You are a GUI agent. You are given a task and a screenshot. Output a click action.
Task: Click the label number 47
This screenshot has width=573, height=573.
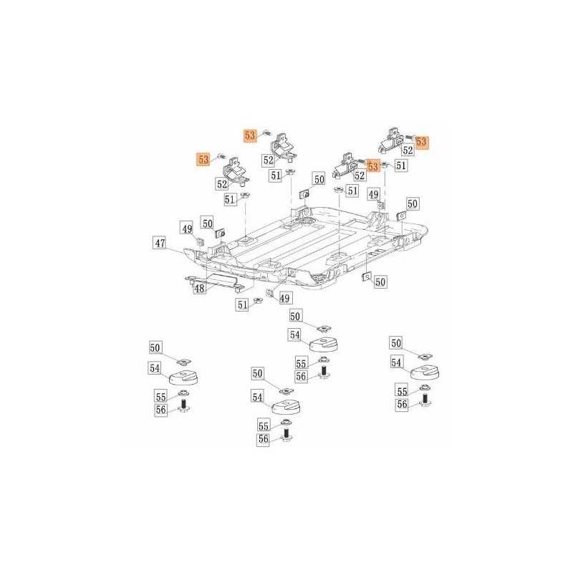(160, 243)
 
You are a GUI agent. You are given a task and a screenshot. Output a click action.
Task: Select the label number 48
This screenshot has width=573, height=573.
(200, 289)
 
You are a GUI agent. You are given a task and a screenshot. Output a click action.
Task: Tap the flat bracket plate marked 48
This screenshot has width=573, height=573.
(216, 282)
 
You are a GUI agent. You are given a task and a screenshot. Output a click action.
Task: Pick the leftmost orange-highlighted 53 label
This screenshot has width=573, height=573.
(203, 159)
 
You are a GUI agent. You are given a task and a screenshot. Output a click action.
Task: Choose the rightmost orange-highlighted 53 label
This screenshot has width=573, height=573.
(422, 141)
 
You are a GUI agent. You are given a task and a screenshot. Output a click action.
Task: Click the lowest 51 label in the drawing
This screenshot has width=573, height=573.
(243, 304)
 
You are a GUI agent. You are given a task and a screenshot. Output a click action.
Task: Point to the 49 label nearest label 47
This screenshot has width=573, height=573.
(187, 228)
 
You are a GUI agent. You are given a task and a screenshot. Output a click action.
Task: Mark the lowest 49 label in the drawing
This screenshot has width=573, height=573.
(284, 298)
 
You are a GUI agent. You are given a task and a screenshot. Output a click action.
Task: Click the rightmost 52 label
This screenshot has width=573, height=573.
(408, 150)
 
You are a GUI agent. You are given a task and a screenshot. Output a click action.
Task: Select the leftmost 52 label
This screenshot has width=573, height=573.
(222, 184)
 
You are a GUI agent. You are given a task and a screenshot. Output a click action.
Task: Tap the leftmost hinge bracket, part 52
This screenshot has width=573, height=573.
(235, 170)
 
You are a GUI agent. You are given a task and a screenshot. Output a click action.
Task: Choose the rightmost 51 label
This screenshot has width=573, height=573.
(401, 165)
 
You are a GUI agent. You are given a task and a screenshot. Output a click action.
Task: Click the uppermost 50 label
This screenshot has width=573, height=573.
(319, 179)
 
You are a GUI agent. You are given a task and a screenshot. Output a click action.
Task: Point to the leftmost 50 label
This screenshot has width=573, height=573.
(155, 347)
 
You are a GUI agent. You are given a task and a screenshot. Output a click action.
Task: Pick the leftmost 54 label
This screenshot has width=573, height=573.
(155, 368)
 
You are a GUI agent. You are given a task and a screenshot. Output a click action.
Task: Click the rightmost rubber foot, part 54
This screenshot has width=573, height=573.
(425, 372)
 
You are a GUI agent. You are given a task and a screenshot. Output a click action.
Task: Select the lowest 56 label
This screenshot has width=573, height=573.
(264, 438)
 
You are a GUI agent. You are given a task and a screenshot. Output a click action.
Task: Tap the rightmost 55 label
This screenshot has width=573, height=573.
(402, 391)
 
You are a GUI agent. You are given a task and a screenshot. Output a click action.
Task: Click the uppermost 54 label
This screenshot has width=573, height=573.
(295, 334)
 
